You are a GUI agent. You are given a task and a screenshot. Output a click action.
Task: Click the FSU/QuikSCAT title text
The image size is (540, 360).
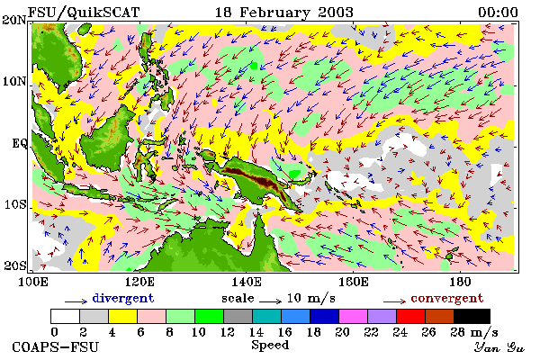coord(84,13)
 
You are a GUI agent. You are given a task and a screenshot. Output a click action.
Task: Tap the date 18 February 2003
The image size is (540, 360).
coord(284,13)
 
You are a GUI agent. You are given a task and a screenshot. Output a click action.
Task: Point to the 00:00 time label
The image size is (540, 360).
coord(498,13)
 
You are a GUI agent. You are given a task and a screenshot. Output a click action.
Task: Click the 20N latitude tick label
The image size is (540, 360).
coord(14,20)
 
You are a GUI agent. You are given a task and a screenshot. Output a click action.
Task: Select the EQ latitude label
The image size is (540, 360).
coord(20,143)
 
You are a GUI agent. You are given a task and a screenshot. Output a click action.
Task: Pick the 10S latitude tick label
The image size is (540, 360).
coord(15,204)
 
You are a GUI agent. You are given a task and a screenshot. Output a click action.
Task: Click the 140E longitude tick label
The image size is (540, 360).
coord(247,282)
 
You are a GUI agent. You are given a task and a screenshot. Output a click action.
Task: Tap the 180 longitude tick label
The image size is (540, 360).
coord(461,282)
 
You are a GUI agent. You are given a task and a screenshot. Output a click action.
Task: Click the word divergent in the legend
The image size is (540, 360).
coord(123,298)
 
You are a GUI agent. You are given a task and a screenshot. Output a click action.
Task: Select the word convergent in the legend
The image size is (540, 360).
coord(447,298)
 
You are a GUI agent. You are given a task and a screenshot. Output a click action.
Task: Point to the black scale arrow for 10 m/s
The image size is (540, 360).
coord(271,301)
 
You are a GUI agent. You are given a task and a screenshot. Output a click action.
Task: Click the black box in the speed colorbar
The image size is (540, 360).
coord(472,316)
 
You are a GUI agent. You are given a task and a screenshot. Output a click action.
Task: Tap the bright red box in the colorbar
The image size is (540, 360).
coord(410,316)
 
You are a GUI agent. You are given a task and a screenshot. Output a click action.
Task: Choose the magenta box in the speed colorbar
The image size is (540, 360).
coord(353,316)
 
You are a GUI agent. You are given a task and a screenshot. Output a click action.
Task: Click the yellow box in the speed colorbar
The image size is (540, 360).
coord(122,316)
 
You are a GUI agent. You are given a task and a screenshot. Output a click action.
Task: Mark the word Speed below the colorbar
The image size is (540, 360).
coord(270,346)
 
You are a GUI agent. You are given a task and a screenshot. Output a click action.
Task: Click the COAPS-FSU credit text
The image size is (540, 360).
coord(56,346)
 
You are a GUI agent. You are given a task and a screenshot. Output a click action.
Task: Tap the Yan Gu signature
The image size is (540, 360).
coord(499,347)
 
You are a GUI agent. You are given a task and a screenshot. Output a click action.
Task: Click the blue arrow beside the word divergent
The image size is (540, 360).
coord(76,301)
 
